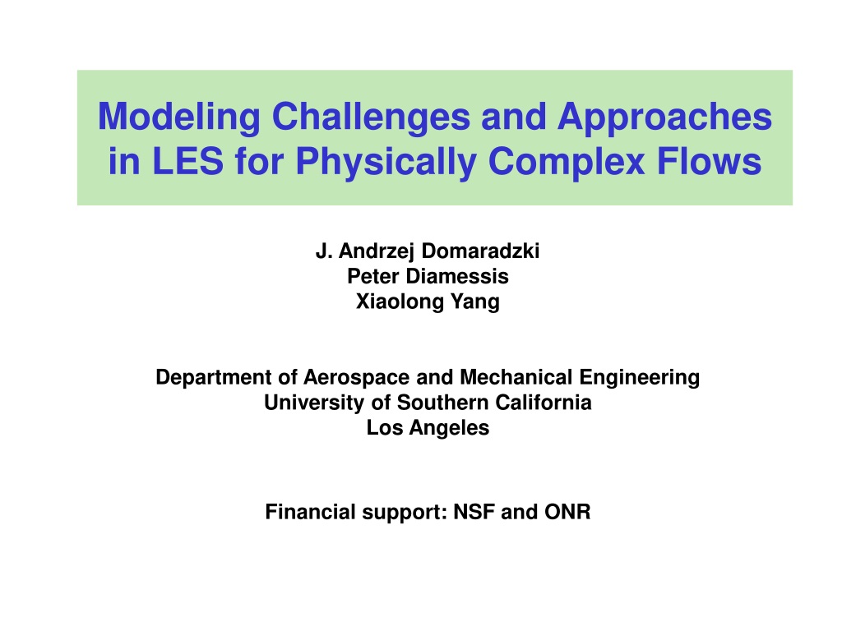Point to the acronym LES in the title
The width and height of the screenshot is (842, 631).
(x=187, y=160)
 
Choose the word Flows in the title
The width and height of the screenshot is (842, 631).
(x=709, y=160)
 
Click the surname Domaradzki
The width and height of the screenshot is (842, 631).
(x=480, y=251)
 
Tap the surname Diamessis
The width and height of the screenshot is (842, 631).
(x=457, y=276)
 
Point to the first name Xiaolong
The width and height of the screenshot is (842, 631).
(x=400, y=302)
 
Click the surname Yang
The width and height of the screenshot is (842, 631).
(x=475, y=302)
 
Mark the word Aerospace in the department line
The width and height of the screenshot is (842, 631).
(x=357, y=378)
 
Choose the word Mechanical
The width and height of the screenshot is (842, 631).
(x=516, y=377)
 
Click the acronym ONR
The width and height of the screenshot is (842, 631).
(x=567, y=512)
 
